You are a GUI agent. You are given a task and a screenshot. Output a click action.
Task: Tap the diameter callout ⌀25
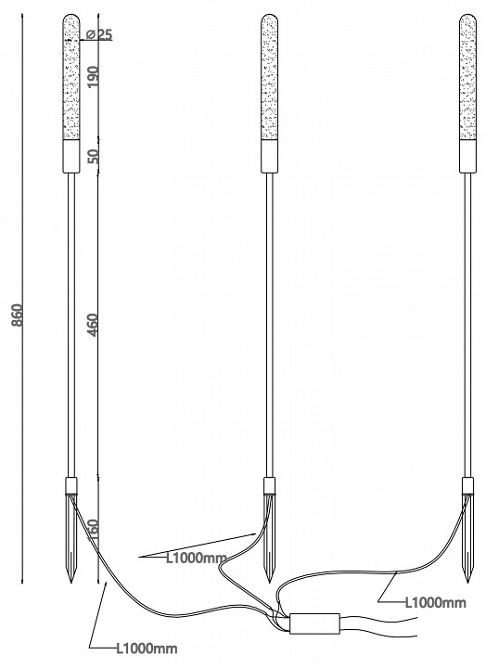click(97, 34)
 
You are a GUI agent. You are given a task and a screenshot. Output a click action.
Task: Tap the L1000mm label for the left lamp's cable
click(146, 649)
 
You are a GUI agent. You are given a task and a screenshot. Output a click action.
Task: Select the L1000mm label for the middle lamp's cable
click(196, 558)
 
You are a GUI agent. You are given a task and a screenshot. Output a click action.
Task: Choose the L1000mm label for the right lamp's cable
click(434, 602)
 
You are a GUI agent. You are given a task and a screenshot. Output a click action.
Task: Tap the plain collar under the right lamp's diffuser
click(469, 156)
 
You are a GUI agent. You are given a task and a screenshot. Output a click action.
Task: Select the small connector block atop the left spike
click(71, 485)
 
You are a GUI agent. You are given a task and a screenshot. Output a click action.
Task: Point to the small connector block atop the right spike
click(470, 485)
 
